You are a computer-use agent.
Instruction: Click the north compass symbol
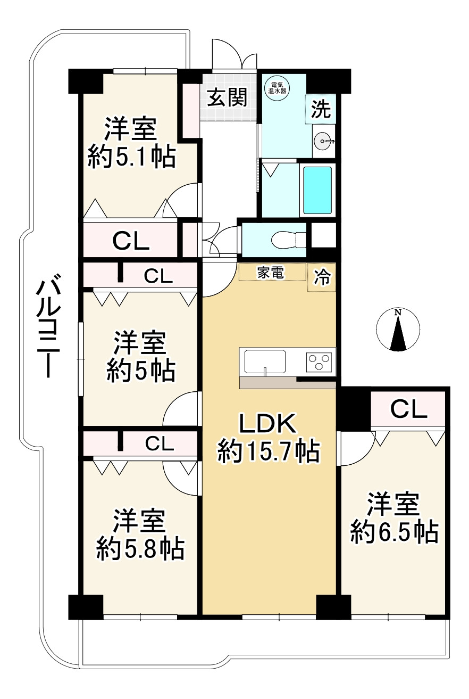397,330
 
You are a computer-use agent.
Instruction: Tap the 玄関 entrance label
227,97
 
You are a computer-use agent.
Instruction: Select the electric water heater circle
278,87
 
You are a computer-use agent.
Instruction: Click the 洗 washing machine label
321,110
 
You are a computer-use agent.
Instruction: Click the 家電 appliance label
271,273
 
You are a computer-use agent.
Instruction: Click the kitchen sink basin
265,362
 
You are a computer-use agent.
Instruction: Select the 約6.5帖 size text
394,532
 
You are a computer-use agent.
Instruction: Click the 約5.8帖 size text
140,548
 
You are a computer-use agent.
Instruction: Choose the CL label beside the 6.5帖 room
408,409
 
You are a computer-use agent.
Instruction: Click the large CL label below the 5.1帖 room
131,242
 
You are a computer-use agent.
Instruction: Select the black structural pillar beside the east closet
354,408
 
